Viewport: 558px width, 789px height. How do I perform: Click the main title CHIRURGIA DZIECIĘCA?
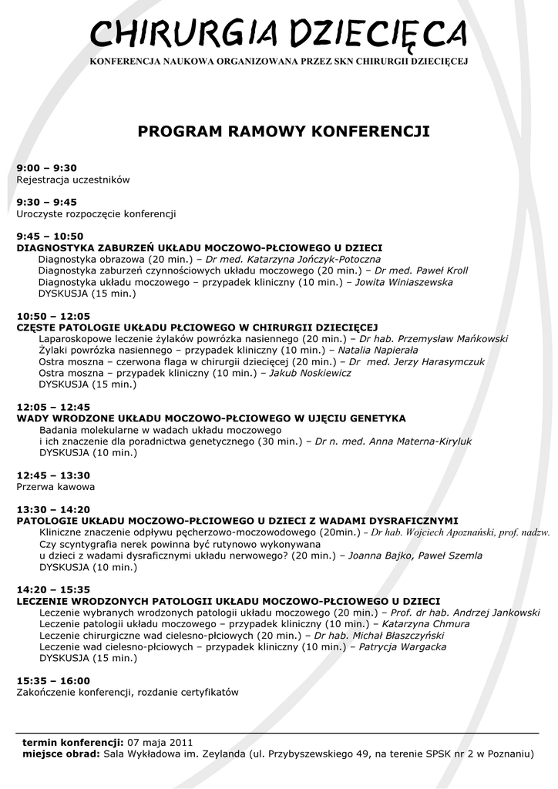coord(278,33)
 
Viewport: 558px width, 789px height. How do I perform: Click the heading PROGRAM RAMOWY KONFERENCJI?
coord(283,132)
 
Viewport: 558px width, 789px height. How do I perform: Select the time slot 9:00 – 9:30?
coord(47,168)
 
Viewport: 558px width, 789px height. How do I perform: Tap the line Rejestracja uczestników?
coord(73,180)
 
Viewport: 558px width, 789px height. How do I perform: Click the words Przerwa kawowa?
coord(55,487)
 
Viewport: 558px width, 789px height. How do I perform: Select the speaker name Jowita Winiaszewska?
coord(404,282)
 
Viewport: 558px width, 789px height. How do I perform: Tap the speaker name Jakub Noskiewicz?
coord(311,373)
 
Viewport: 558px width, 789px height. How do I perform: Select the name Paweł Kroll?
coord(442,270)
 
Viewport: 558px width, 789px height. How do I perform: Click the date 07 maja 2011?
coord(155,741)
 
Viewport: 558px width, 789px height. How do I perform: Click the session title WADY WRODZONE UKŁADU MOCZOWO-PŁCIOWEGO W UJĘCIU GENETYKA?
coord(211,418)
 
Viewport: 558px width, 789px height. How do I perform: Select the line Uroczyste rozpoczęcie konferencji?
coord(96,213)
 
